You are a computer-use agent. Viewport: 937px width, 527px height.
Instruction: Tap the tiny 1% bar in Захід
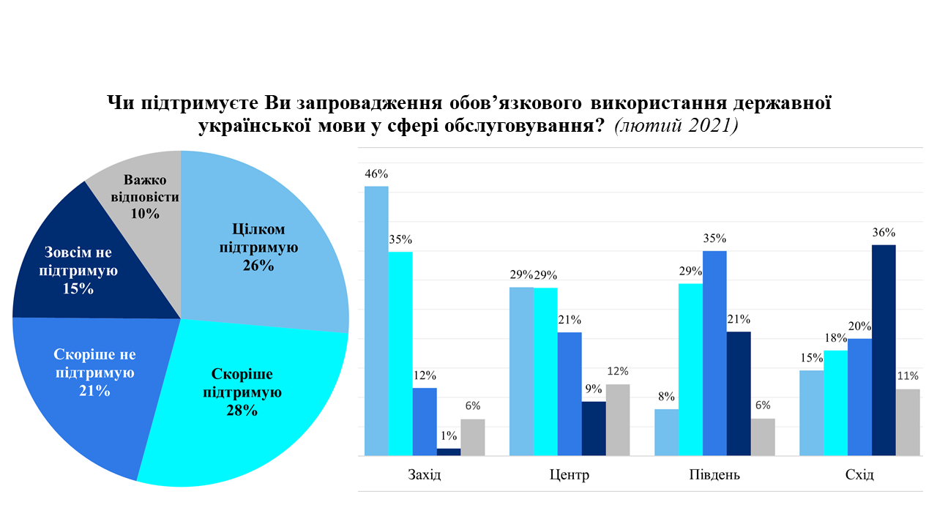(x=449, y=452)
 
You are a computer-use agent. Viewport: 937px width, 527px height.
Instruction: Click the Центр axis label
(x=569, y=475)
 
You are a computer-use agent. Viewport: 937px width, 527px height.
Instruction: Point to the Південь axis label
(x=714, y=475)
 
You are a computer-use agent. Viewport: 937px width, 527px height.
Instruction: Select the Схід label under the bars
(x=859, y=475)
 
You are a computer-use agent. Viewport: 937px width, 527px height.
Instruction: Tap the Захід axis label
(x=425, y=475)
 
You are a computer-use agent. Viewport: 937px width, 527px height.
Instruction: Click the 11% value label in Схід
(x=908, y=376)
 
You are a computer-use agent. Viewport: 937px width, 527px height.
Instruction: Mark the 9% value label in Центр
(x=593, y=389)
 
